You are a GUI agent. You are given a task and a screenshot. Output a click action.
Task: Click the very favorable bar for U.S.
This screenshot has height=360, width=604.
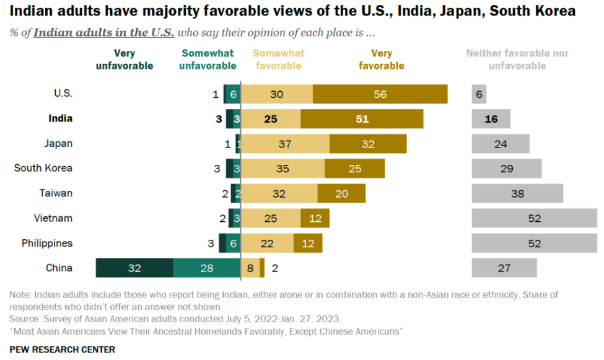click(380, 94)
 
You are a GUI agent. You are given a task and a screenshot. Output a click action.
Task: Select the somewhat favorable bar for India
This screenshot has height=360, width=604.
click(270, 118)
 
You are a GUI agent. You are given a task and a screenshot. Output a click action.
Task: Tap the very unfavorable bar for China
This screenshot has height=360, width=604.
click(134, 268)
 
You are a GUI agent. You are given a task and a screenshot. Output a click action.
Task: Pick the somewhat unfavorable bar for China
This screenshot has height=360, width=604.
click(206, 268)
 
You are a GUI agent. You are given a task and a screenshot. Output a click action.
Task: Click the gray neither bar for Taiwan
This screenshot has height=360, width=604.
click(517, 193)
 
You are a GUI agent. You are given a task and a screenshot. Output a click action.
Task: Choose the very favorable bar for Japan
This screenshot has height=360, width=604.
click(368, 143)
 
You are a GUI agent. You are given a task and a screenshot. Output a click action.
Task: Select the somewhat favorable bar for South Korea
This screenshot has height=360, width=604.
click(282, 169)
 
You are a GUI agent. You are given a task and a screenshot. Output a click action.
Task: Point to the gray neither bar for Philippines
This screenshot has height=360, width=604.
click(534, 243)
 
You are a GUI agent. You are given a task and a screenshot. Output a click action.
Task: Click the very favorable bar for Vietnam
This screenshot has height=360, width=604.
click(315, 218)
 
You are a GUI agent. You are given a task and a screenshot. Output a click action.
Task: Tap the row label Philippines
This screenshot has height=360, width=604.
click(47, 243)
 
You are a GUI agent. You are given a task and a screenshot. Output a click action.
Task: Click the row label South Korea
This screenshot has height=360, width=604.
click(43, 168)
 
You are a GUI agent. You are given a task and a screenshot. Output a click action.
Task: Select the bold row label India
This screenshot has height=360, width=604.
click(60, 118)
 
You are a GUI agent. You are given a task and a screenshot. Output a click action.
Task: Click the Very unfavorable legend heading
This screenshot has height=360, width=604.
click(124, 59)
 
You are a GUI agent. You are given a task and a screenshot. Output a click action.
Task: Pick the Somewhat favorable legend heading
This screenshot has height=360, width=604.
click(279, 59)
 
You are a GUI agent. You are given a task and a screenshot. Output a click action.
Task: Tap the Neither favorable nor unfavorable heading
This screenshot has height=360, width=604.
click(517, 59)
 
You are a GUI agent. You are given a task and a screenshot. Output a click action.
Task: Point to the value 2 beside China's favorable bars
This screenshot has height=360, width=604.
click(275, 268)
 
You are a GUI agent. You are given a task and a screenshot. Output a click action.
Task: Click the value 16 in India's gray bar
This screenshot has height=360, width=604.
click(491, 118)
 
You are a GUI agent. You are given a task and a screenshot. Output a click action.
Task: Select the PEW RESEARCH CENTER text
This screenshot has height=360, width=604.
click(62, 349)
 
